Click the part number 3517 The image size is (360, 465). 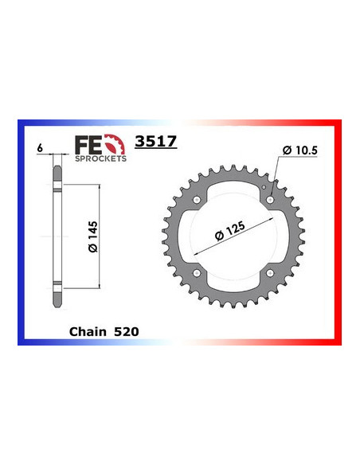click(x=155, y=143)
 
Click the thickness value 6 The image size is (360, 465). click(x=39, y=147)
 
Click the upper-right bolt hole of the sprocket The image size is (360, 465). click(x=272, y=199)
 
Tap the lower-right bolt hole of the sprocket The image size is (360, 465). click(x=272, y=274)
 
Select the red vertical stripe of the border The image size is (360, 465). click(x=338, y=239)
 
